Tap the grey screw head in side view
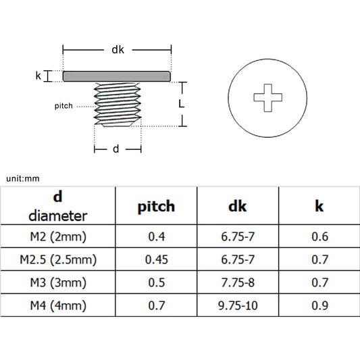[x=117, y=76]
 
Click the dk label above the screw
[x=118, y=49]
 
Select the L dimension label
[x=182, y=104]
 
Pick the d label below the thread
[x=116, y=149]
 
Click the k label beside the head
[x=38, y=76]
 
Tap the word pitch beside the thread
[x=64, y=107]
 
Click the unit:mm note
[x=24, y=178]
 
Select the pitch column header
[x=156, y=207]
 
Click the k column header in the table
[x=319, y=207]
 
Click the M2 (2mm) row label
[x=58, y=236]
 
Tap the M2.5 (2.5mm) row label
[x=58, y=259]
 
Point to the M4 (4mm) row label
[x=58, y=305]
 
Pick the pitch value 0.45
[x=156, y=259]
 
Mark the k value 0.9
[x=319, y=305]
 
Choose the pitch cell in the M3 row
[x=156, y=282]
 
